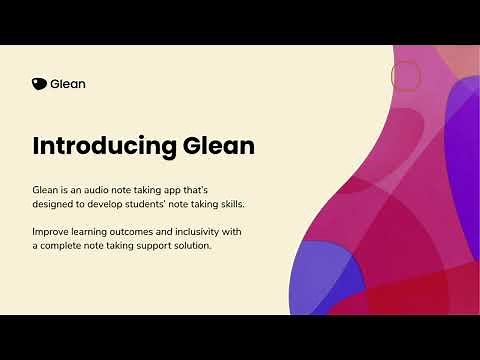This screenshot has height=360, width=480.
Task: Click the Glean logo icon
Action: click(x=39, y=84)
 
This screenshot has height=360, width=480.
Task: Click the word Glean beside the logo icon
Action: click(x=67, y=84)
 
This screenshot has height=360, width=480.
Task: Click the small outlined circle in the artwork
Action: click(x=405, y=75)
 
